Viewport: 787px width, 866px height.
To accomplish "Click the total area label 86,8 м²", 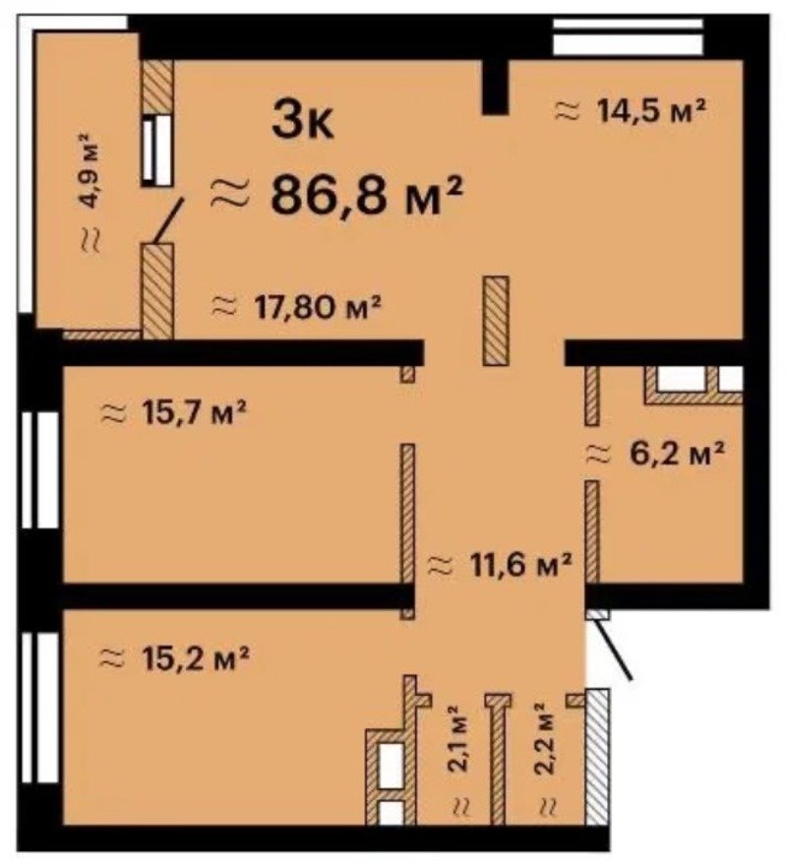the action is (x=366, y=196).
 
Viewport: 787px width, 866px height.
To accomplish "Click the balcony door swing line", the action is (x=169, y=220).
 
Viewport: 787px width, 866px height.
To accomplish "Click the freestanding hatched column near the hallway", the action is (x=496, y=321).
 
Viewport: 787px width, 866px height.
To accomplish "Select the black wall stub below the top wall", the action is (x=495, y=87).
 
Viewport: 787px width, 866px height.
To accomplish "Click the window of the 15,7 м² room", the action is (x=40, y=470).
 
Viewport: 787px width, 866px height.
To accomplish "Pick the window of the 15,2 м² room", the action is (x=40, y=708).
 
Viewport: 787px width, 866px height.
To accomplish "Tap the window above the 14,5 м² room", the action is (x=628, y=35).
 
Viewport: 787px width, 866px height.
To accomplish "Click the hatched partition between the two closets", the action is (x=498, y=760).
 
